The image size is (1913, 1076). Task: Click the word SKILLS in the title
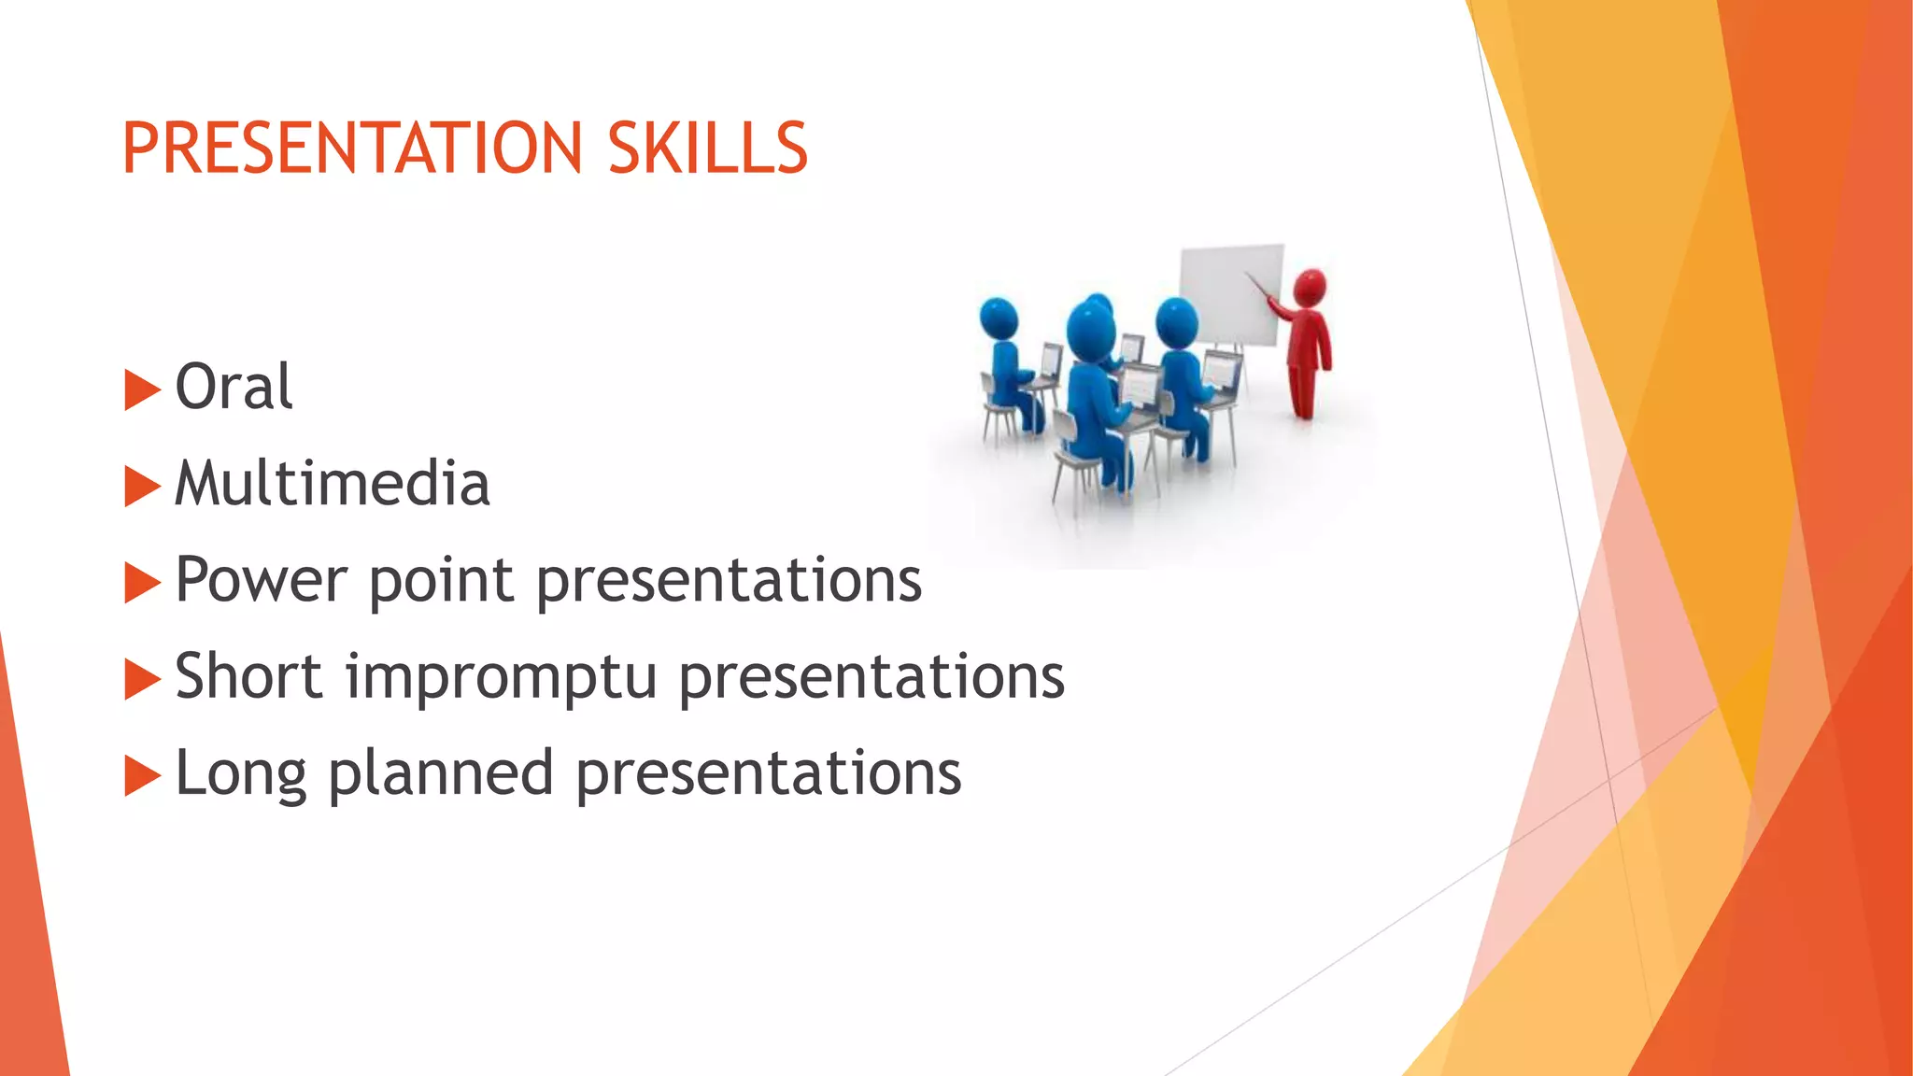tap(707, 149)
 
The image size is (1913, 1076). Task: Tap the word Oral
tap(234, 387)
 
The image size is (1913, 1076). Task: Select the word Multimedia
tap(333, 484)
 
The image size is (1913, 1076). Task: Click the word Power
tap(261, 581)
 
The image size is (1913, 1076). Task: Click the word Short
tap(248, 676)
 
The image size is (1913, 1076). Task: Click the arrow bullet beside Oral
tap(142, 389)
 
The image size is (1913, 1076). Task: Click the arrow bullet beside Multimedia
tap(142, 487)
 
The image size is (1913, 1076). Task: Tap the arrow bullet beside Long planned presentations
tap(142, 776)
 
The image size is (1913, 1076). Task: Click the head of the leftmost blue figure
tap(999, 319)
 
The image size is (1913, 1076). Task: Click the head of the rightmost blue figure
tap(1176, 321)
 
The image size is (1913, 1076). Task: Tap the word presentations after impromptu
tap(871, 678)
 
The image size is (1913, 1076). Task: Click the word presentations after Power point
tap(729, 581)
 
